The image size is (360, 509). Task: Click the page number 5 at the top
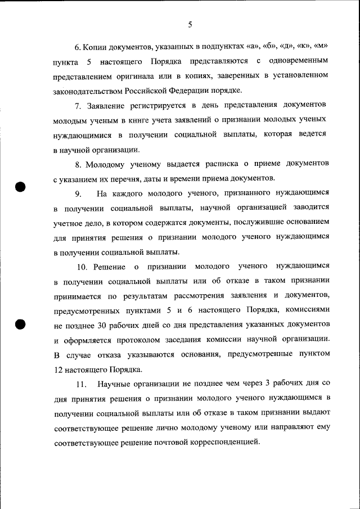point(190,25)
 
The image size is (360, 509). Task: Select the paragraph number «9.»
point(79,194)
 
